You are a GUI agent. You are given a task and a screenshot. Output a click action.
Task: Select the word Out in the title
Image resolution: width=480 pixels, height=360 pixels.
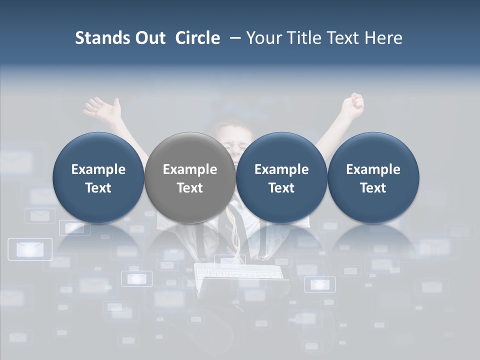tap(148, 38)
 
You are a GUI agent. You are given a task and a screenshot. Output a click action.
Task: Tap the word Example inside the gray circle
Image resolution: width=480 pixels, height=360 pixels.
tap(190, 169)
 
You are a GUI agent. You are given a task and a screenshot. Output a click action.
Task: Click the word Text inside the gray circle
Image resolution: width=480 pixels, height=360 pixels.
tap(190, 188)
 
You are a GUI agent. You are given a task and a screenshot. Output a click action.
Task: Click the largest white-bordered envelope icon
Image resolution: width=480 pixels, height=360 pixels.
tap(30, 249)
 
